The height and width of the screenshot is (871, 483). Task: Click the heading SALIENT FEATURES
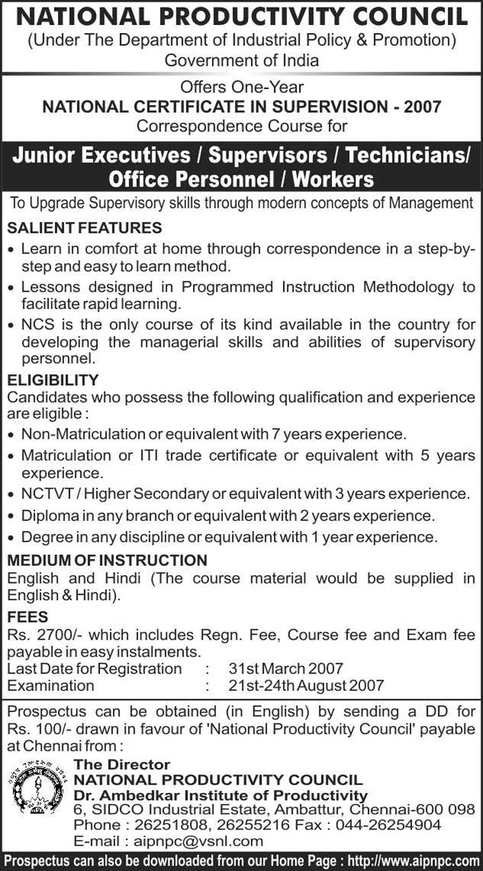coord(84,227)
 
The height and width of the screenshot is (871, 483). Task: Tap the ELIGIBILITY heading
coord(53,381)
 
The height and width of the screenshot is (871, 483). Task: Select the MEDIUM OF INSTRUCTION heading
coord(107,560)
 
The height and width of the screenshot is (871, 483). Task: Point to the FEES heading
coord(28,616)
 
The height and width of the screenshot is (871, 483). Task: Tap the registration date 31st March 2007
coord(285,669)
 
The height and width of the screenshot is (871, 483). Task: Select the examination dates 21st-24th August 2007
coord(306,686)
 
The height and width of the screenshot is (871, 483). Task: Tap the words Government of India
coord(241,60)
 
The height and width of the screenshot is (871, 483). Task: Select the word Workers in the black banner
coord(333,180)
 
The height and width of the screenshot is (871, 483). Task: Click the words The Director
coord(121,765)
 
